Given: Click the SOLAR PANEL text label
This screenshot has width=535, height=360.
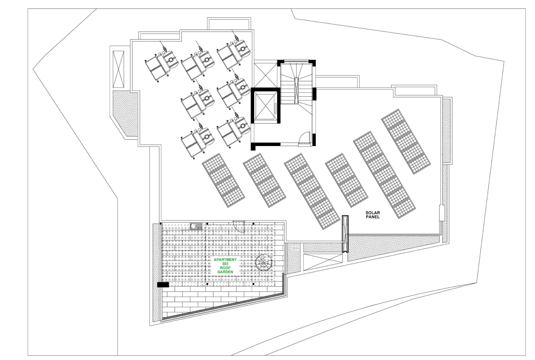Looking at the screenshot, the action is [x=372, y=215].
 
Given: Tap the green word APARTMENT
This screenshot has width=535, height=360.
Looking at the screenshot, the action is [x=225, y=260].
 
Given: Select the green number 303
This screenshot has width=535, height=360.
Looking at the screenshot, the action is [x=225, y=264].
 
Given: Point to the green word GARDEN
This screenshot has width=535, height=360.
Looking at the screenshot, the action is [x=225, y=272].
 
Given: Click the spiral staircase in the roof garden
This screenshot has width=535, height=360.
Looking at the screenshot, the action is [x=263, y=262].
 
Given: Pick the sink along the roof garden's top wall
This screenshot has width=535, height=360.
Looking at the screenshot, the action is [x=196, y=226].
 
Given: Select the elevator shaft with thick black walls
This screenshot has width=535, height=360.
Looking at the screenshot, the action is [x=265, y=106].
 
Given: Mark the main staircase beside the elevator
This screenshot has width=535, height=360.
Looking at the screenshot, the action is [x=297, y=84].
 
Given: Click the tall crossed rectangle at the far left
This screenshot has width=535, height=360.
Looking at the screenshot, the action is [x=118, y=69].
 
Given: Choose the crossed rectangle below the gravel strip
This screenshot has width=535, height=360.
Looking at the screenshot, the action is [x=323, y=262].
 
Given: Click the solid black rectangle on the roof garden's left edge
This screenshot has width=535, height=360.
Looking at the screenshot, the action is [x=163, y=285].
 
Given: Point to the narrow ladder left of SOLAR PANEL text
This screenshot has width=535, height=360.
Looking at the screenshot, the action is [x=345, y=234].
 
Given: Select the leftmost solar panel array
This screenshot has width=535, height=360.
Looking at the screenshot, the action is [x=223, y=180].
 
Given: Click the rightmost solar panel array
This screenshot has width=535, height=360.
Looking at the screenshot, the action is [x=406, y=141].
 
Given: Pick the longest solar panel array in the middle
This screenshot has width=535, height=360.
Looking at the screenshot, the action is [x=312, y=191].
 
